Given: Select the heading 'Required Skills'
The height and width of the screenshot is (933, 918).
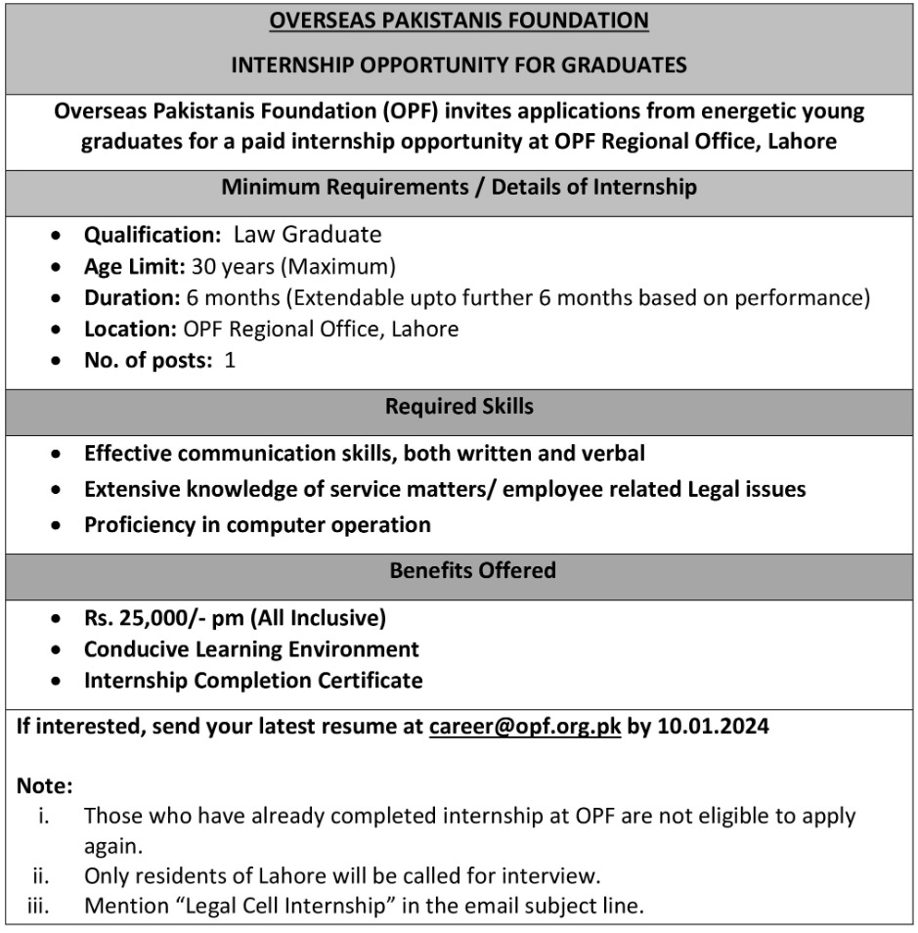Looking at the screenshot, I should (459, 406).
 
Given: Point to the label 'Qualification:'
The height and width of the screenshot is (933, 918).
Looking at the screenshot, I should (153, 235).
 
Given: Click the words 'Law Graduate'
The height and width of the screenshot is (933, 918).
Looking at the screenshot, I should (307, 235).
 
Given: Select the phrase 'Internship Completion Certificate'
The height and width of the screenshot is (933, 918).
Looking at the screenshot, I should (253, 681).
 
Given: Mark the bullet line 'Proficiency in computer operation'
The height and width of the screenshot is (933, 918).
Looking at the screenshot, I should (257, 524).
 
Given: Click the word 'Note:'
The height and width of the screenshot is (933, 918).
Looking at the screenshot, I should (44, 785).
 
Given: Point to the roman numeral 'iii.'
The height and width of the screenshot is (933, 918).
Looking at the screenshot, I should (39, 906).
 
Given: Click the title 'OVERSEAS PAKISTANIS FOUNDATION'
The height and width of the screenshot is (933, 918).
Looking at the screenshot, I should (459, 21).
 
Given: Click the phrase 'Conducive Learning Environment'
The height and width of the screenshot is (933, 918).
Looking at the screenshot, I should (251, 649).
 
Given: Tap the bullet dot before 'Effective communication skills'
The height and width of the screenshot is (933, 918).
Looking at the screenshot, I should (61, 455).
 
